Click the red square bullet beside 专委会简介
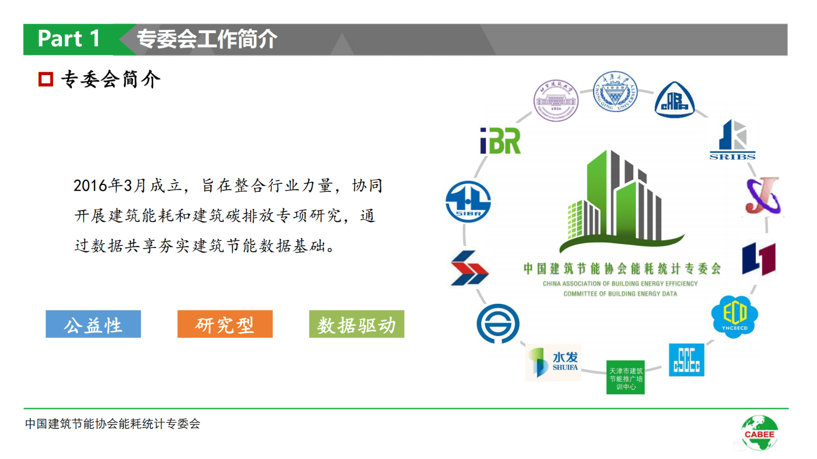[x=46, y=79]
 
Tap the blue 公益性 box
[x=93, y=324]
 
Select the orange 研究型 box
[x=225, y=324]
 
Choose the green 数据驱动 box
[x=357, y=324]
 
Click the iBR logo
[x=500, y=141]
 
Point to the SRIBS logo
[x=733, y=140]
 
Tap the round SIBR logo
[x=468, y=202]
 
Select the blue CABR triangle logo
[x=674, y=100]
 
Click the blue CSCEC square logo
[x=686, y=360]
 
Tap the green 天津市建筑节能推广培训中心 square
[x=625, y=377]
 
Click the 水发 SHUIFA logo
[x=553, y=362]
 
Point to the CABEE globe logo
[x=759, y=433]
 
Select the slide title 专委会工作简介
[x=207, y=39]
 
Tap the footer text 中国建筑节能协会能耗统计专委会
[x=112, y=424]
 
